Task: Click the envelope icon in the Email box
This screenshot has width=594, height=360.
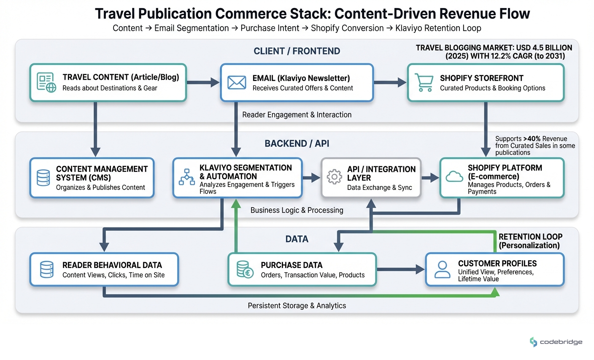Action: point(237,83)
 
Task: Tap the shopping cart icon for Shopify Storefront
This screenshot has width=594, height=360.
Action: point(424,83)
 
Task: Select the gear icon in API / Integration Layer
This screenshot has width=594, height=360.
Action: point(334,177)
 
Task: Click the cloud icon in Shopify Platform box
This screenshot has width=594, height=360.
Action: point(454,176)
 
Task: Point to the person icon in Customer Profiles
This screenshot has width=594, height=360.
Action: point(442,270)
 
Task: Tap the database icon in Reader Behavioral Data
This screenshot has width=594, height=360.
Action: point(46,269)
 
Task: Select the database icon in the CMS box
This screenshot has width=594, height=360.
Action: point(43,178)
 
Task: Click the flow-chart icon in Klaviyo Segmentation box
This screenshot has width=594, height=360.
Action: point(186,177)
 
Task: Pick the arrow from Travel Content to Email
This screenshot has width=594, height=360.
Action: point(203,83)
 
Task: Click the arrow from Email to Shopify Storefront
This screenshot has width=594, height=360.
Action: point(390,83)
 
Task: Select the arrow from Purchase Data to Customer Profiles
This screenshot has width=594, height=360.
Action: point(401,269)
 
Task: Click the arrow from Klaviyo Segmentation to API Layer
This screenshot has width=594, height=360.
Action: point(311,178)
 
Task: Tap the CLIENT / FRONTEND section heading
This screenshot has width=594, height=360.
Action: point(297,51)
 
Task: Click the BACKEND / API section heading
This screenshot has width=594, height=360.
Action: point(297,143)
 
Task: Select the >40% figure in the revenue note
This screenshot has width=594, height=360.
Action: point(532,139)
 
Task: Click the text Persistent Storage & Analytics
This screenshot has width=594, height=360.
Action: point(297,306)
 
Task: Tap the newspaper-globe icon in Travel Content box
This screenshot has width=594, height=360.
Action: point(46,83)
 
